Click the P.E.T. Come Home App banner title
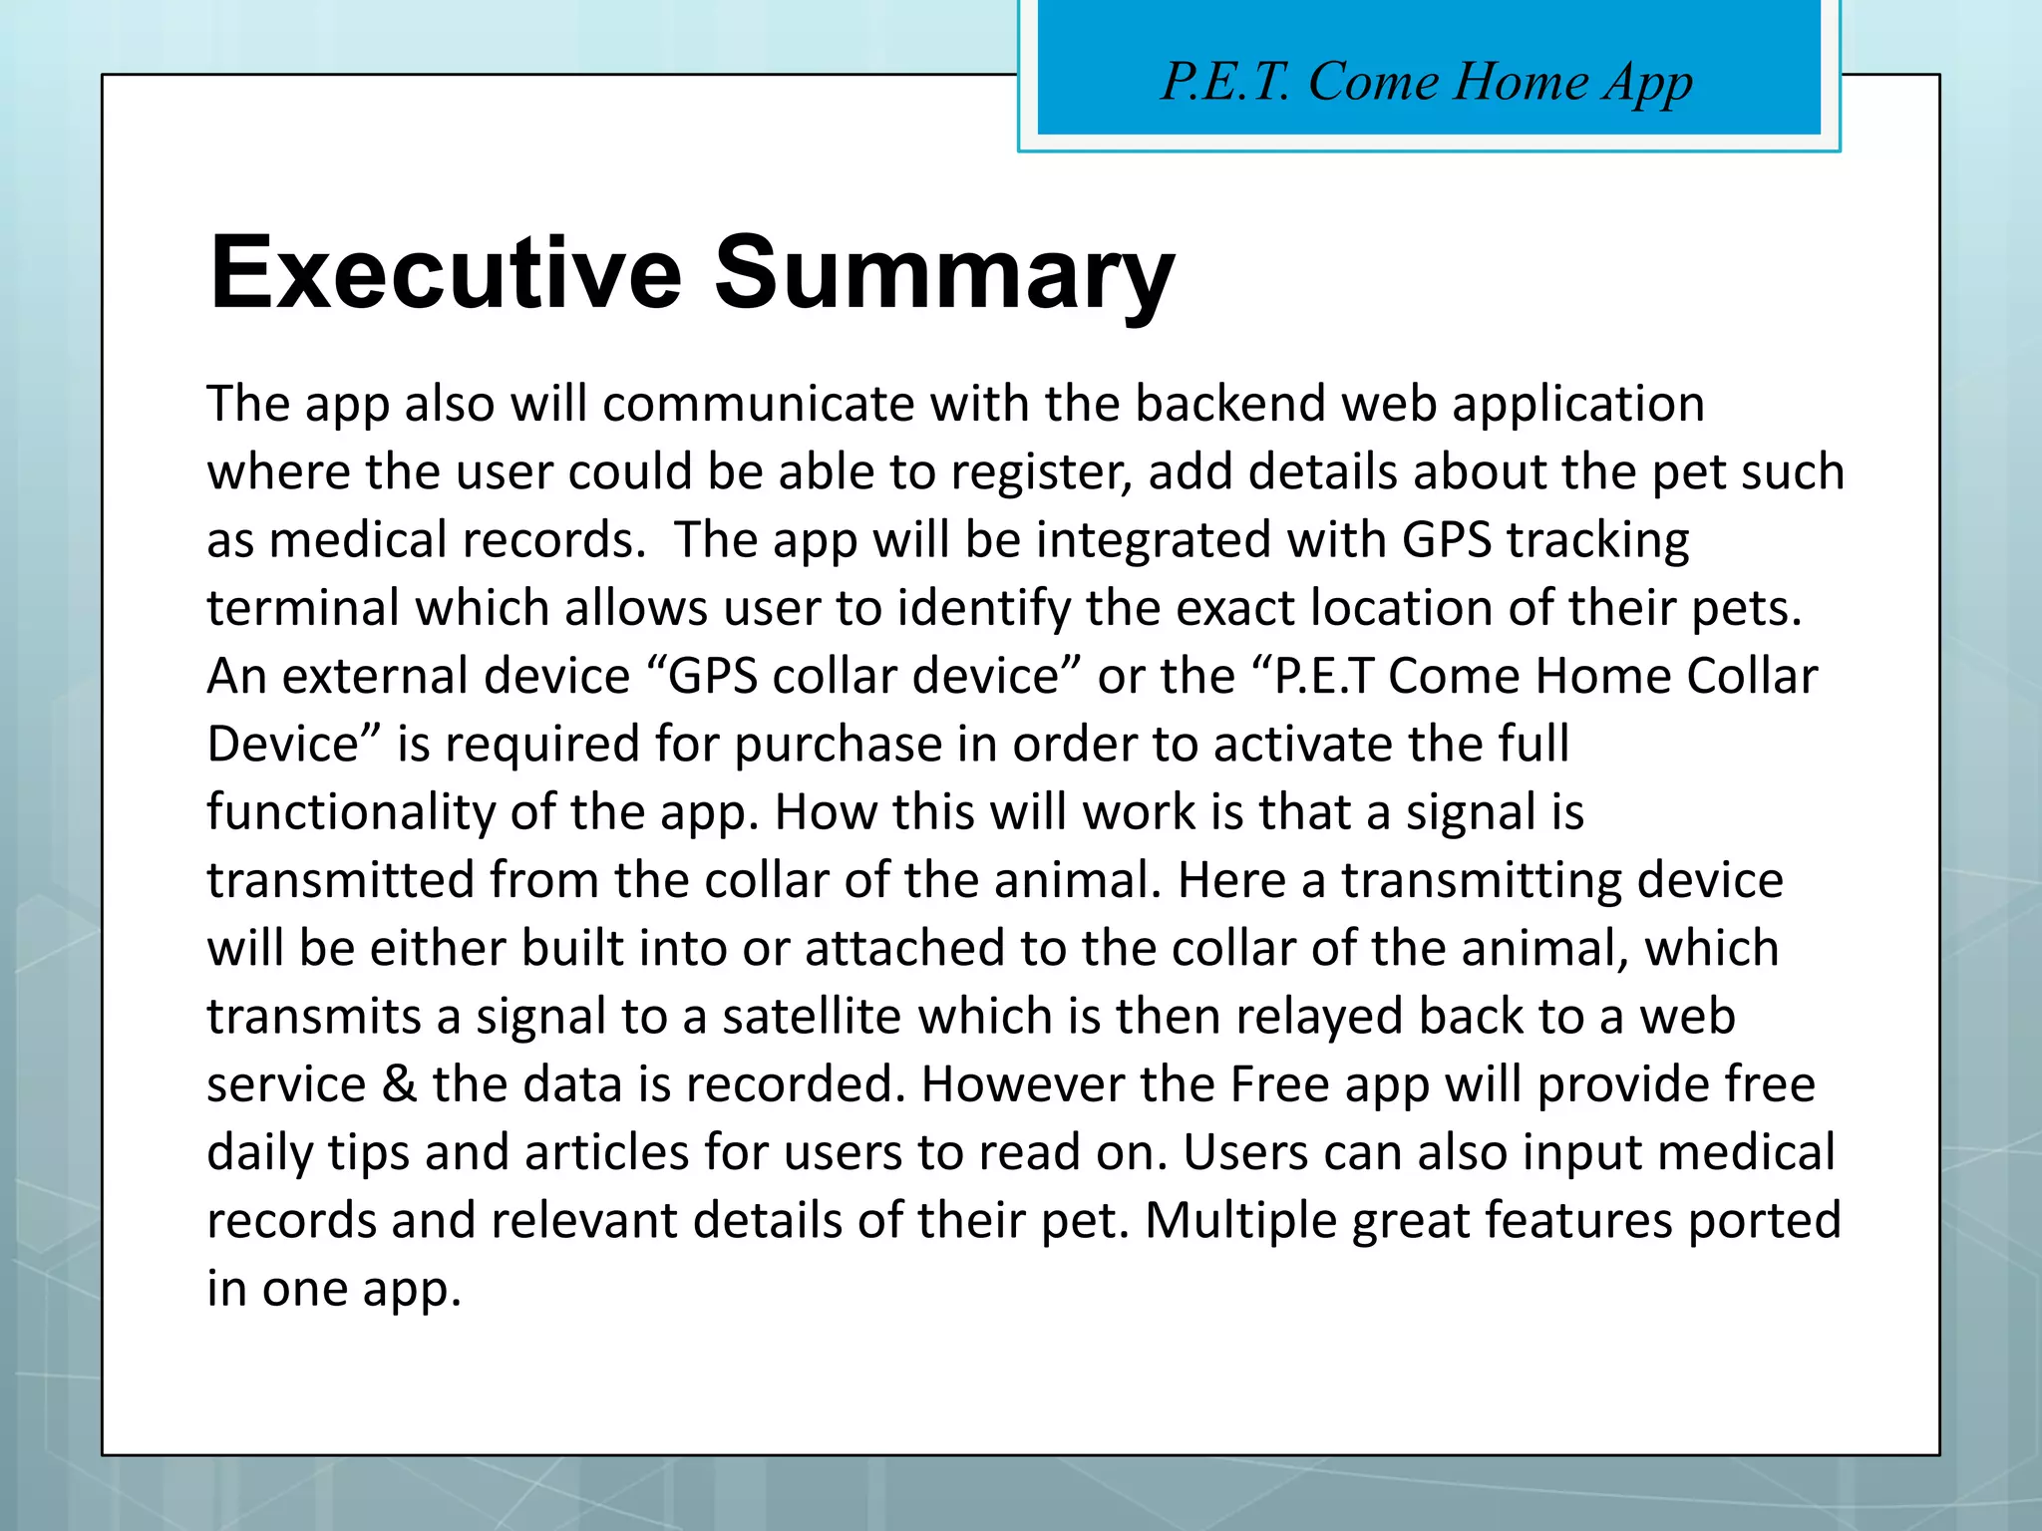click(1427, 82)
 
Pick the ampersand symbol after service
click(399, 1084)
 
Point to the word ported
click(1764, 1221)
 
